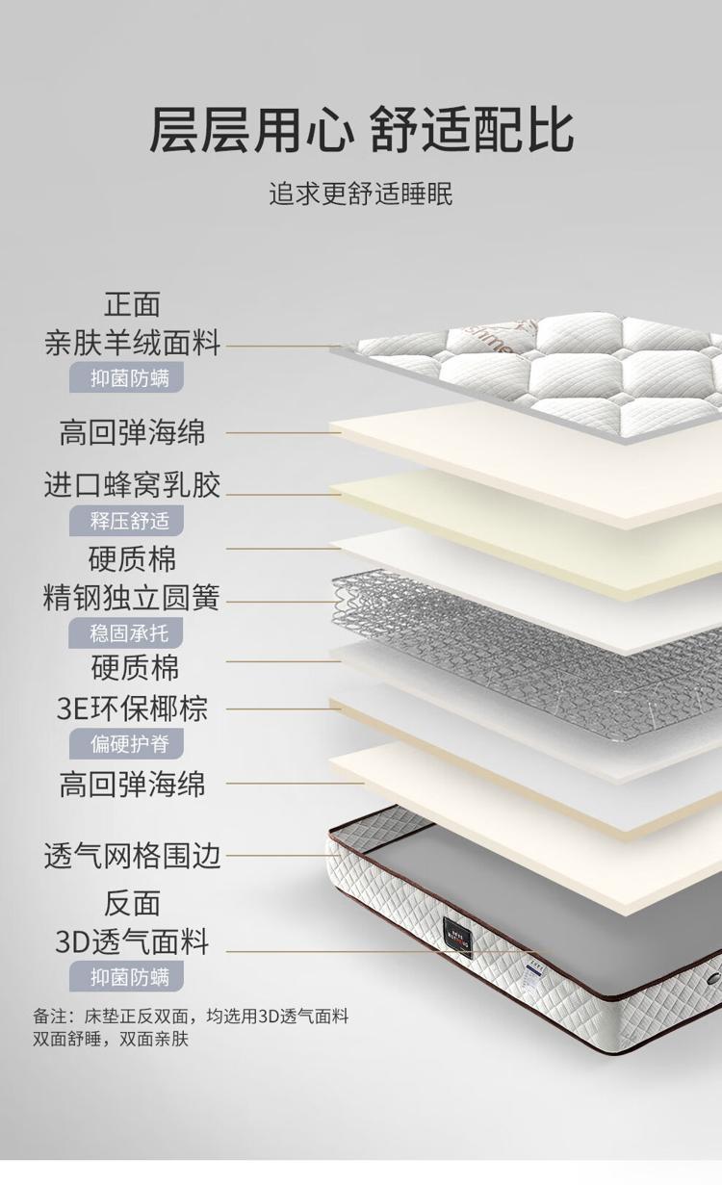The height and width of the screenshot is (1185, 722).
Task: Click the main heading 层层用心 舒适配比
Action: [361, 130]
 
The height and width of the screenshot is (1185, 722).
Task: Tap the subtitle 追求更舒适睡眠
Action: [361, 193]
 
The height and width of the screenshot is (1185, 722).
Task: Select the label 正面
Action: [132, 304]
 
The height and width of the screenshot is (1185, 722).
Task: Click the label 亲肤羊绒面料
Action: [132, 343]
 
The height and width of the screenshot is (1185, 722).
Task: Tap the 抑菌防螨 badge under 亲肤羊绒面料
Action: [127, 377]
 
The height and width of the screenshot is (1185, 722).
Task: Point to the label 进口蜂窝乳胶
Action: [132, 484]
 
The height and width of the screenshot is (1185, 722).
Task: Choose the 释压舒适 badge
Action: [127, 521]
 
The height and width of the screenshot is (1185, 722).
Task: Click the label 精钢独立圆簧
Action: [131, 598]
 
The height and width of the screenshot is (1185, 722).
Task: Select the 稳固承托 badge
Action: [126, 632]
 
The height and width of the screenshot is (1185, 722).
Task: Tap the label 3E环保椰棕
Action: [132, 708]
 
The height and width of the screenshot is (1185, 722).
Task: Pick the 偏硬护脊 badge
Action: [127, 743]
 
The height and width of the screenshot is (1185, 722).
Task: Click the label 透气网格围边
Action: [132, 856]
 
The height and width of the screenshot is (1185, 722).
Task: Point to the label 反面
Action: [132, 903]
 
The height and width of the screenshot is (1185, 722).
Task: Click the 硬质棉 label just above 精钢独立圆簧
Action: [132, 558]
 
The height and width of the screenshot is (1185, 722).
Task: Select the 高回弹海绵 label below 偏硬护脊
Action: [132, 784]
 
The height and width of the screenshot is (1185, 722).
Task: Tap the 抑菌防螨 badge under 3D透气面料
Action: [127, 976]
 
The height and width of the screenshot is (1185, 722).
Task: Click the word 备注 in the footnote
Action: [50, 1017]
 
